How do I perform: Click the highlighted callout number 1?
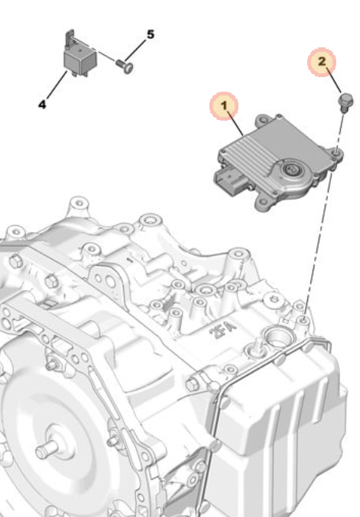pos(224,106)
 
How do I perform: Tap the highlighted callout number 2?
pos(322,61)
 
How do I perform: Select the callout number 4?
pos(42,105)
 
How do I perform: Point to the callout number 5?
pos(151,34)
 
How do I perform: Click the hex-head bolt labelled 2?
pos(345,100)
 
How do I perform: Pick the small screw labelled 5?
pos(125,66)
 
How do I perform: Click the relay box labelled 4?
pos(80,60)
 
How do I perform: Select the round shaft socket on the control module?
pos(291,170)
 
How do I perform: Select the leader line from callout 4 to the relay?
pos(57,85)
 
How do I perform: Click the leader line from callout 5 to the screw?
pos(135,50)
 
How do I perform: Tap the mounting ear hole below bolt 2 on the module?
pos(336,152)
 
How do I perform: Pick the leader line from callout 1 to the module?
pos(235,124)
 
